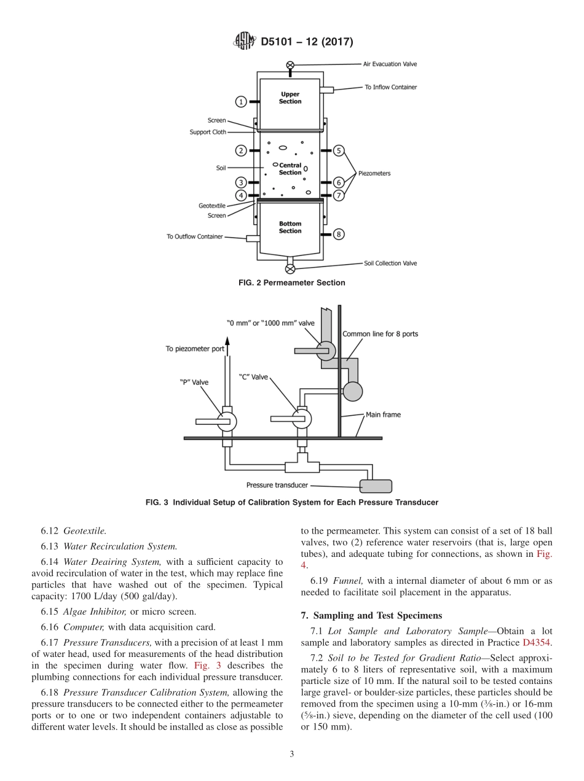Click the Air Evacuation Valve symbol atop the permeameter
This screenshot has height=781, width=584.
pos(290,64)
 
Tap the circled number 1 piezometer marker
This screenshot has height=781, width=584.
pos(242,101)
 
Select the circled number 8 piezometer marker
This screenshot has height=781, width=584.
pos(339,234)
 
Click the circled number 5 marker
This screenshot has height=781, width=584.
pos(339,150)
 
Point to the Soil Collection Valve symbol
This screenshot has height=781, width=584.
pos(290,268)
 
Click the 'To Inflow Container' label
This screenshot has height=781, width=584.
pos(390,87)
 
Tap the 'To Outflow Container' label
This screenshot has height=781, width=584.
pos(194,236)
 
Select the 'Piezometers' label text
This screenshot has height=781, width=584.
pos(374,173)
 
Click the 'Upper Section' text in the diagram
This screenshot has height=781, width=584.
pos(290,98)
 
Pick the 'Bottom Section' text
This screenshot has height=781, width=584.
pos(290,227)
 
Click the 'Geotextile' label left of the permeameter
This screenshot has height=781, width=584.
pos(212,206)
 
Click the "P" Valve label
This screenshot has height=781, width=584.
pos(194,382)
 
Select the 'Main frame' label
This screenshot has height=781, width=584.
pos(383,414)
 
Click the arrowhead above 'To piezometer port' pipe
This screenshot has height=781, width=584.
pos(226,341)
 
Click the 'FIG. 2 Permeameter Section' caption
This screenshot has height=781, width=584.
pos(291,283)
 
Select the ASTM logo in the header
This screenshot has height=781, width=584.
pos(245,42)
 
